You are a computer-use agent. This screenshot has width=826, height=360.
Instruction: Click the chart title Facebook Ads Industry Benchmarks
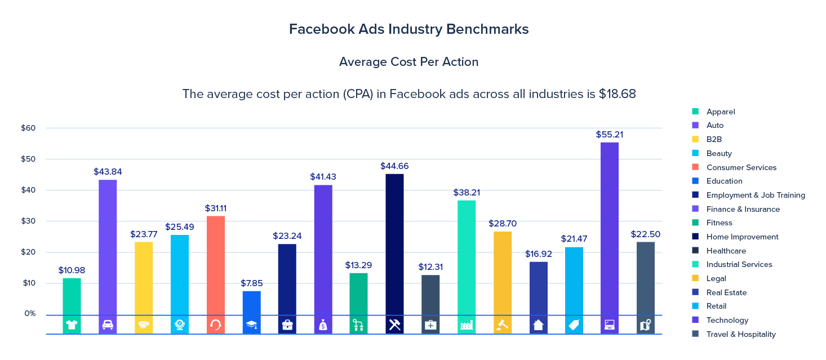pos(408,29)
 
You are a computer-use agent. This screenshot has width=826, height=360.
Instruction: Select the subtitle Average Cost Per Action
pos(408,62)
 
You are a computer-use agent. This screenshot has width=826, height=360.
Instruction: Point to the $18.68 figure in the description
pos(616,94)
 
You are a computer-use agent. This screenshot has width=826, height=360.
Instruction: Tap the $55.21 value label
pos(609,135)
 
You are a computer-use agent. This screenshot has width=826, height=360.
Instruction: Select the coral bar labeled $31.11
pos(216,265)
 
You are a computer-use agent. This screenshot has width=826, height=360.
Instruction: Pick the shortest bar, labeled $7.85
pos(252,303)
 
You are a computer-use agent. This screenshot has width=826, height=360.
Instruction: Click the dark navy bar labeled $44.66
pos(394,244)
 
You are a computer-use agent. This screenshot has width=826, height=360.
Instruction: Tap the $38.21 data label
pos(467,193)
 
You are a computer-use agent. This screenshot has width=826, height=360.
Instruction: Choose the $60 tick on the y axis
pos(28,128)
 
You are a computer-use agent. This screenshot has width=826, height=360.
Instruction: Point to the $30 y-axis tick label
pos(28,221)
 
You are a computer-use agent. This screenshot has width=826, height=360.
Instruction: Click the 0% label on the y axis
pos(30,313)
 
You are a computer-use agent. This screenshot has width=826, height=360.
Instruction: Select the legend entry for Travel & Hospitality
pos(741,334)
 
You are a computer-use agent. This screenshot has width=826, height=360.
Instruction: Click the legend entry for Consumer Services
pos(741,167)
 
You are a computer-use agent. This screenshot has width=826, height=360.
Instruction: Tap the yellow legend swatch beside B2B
pos(695,139)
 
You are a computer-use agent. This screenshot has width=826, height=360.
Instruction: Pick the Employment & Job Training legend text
pos(756,195)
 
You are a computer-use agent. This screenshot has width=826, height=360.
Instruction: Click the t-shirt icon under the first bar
pos(72,325)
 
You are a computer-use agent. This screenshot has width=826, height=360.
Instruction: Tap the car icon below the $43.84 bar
pos(108,325)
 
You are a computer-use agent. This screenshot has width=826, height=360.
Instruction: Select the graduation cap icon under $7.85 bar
pos(252,325)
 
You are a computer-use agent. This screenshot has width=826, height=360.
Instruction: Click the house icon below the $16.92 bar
pos(538,325)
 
